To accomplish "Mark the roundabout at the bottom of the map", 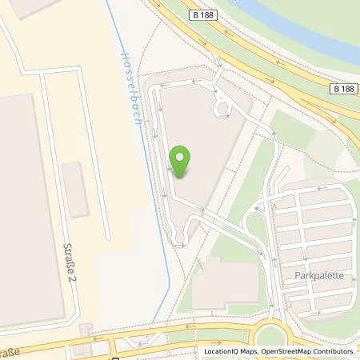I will tap(275, 337).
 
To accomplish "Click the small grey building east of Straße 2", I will tap(74, 189).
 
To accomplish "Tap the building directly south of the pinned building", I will tap(226, 285).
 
